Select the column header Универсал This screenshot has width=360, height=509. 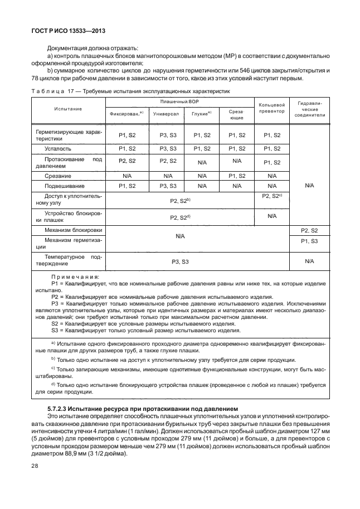click(x=166, y=113)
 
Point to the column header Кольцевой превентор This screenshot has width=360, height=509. click(x=272, y=108)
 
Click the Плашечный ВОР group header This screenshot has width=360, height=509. click(x=179, y=101)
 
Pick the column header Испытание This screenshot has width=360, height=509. click(x=67, y=108)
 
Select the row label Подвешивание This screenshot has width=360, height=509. click(x=65, y=186)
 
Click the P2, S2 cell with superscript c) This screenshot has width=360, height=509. click(x=272, y=196)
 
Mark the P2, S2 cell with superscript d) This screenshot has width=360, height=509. click(x=179, y=216)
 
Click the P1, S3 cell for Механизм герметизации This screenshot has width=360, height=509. click(x=309, y=241)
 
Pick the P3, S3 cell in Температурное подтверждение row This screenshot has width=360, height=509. click(x=179, y=260)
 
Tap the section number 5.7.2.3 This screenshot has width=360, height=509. click(x=60, y=409)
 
